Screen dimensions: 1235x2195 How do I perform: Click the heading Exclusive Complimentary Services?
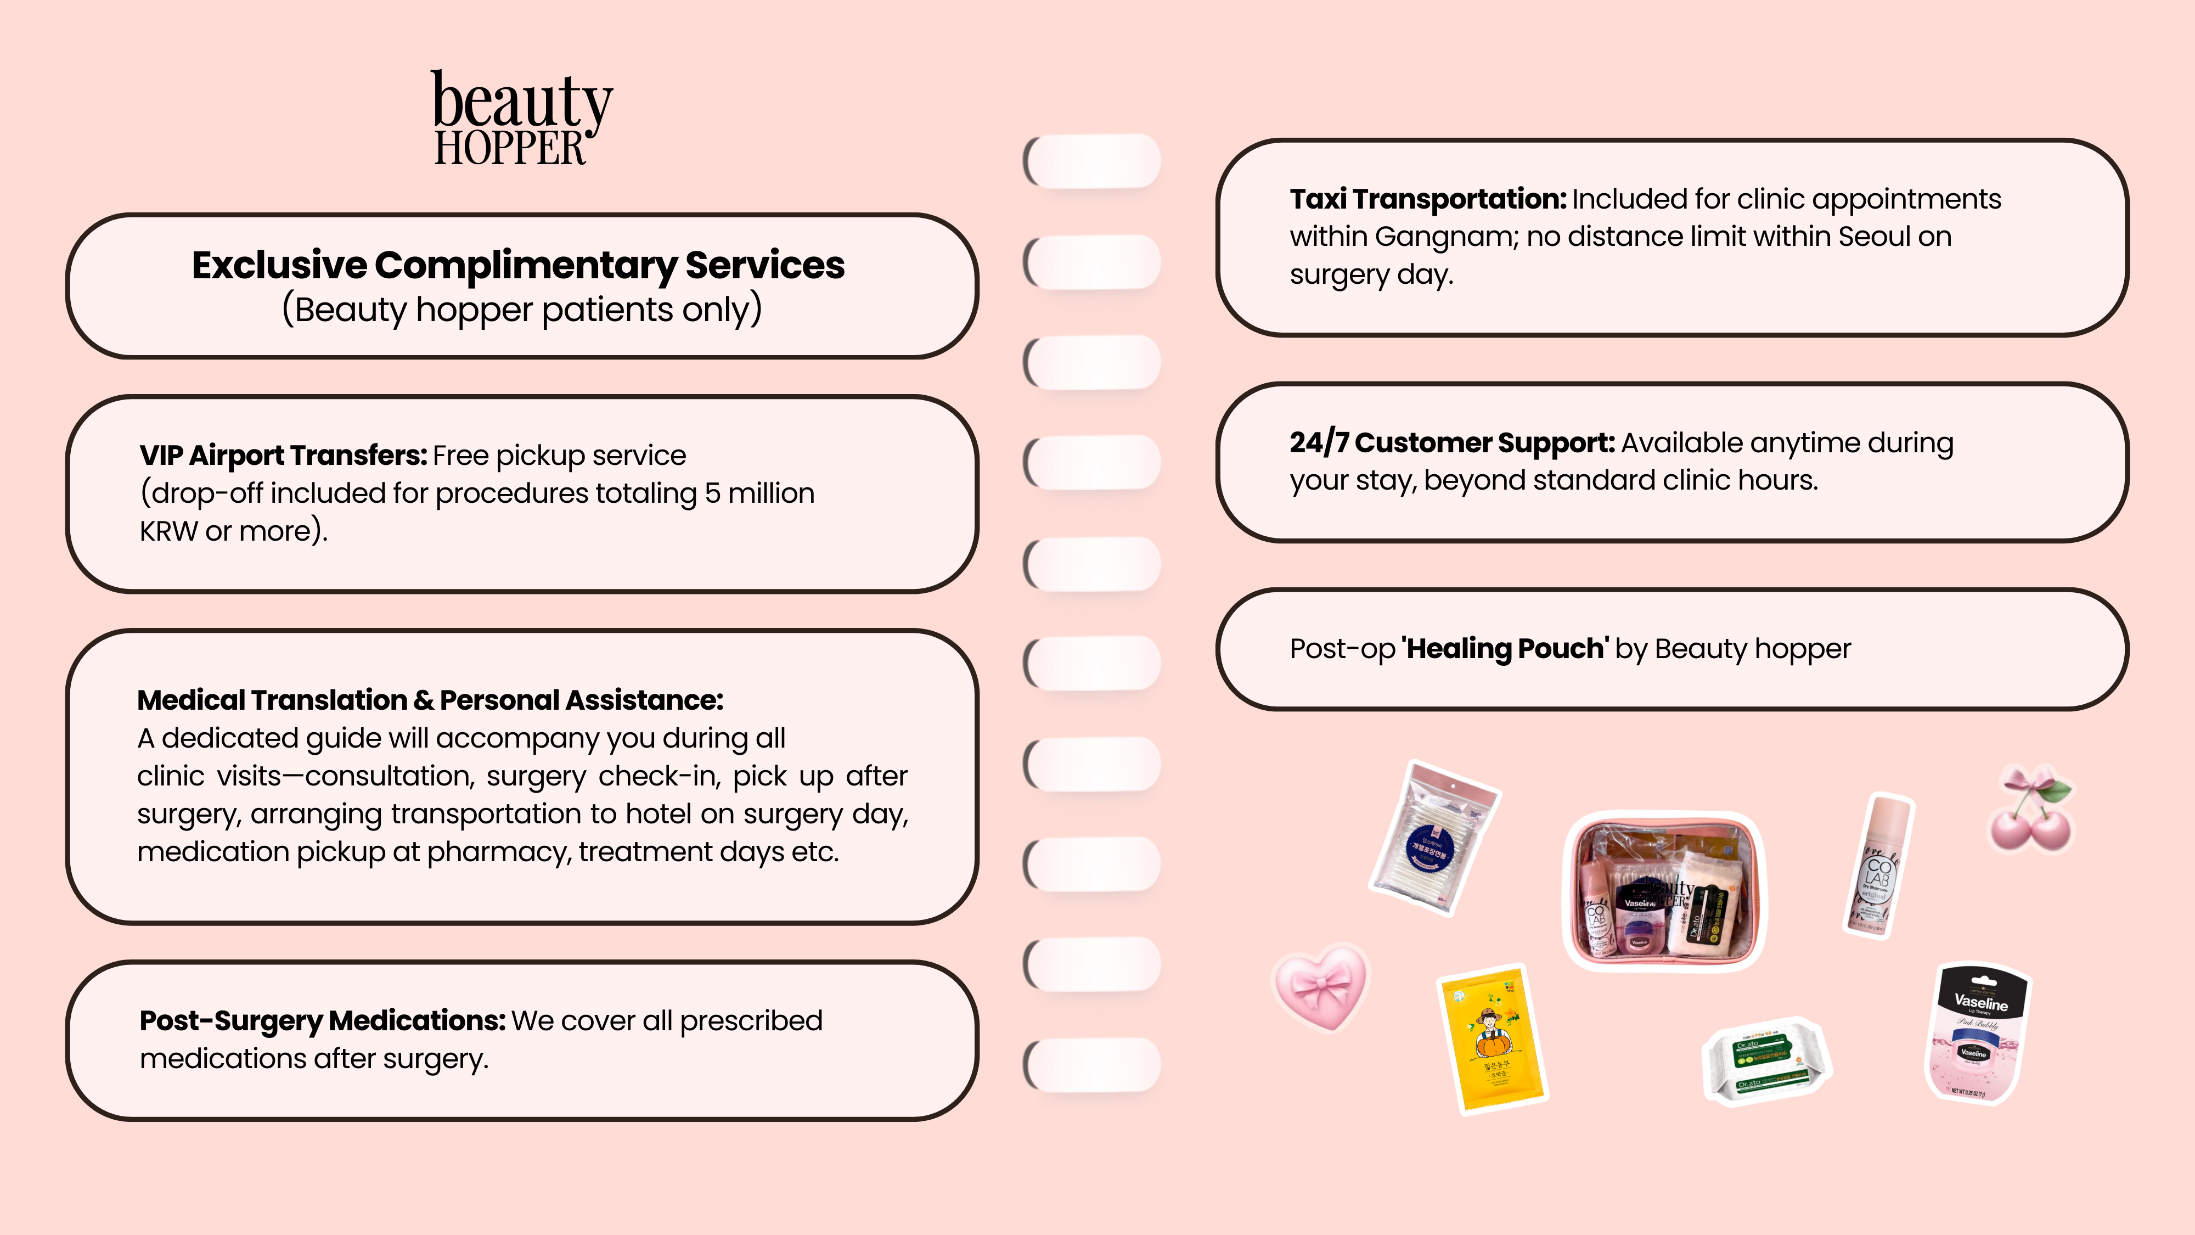tap(518, 265)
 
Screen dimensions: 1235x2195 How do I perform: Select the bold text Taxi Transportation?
tap(1427, 199)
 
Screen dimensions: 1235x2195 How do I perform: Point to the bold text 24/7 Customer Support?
tap(1451, 442)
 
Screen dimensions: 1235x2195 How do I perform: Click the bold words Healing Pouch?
tap(1505, 649)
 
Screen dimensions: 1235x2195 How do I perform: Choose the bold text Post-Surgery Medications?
tap(322, 1020)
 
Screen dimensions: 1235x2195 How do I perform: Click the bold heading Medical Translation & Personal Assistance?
tap(430, 700)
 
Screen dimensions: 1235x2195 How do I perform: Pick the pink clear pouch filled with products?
tap(1664, 891)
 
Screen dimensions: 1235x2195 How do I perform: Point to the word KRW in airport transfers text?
tap(168, 531)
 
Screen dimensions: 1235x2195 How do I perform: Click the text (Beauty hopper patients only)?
tap(521, 310)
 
